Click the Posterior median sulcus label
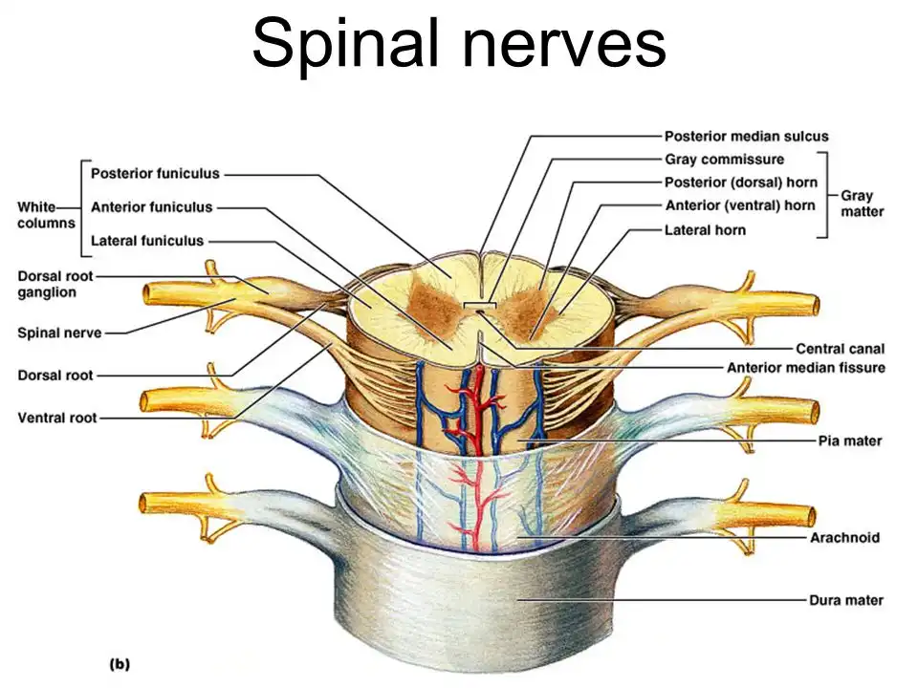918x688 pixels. pos(746,137)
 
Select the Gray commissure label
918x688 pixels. pos(724,159)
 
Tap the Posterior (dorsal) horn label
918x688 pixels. pos(739,182)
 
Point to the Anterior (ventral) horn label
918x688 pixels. pos(739,204)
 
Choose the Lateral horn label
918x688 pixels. pos(705,229)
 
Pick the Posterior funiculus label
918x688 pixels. pos(154,174)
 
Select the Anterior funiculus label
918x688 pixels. pos(151,207)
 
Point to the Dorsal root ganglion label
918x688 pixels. pos(47,284)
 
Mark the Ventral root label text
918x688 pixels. pos(55,418)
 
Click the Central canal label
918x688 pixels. pos(840,349)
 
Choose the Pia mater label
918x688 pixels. pos(849,441)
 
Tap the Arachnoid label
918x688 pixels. pos(846,538)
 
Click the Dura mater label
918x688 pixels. pos(845,600)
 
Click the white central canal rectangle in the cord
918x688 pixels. pos(476,306)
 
